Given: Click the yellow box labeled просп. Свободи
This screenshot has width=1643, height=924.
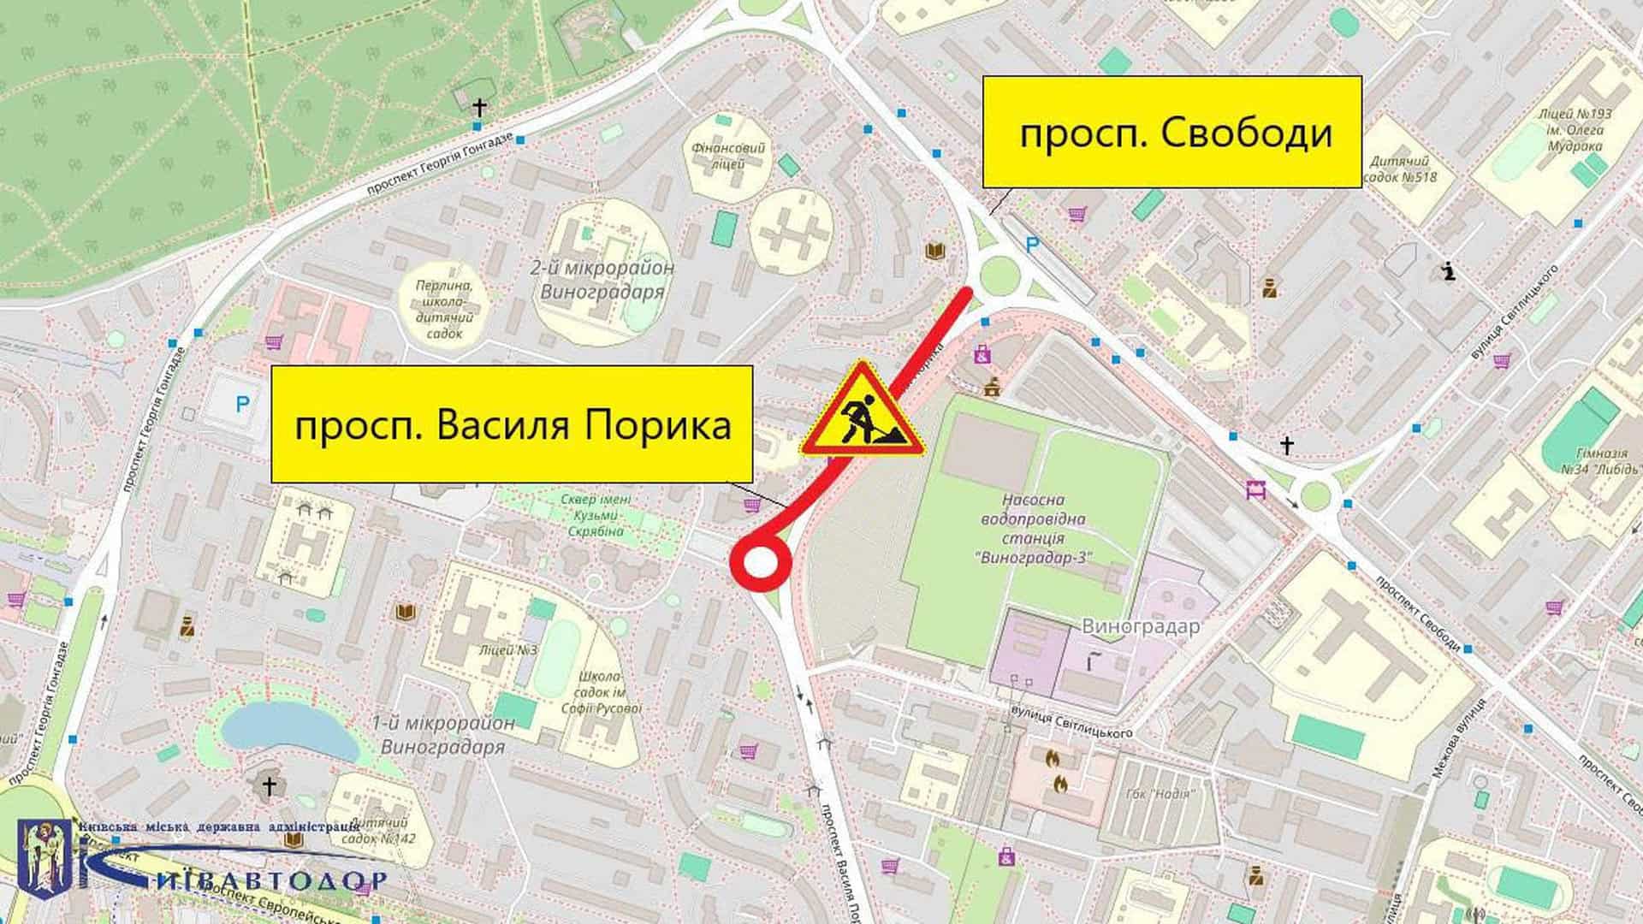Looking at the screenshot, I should pyautogui.click(x=1171, y=132).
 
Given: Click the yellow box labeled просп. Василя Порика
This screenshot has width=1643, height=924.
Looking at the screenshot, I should pyautogui.click(x=512, y=424).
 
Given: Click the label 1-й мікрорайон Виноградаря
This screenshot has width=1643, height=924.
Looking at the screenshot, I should pyautogui.click(x=443, y=735).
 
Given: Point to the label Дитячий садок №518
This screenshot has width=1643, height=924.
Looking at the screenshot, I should pyautogui.click(x=1403, y=169).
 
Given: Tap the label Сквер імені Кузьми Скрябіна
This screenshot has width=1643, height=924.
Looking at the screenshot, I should pyautogui.click(x=596, y=516).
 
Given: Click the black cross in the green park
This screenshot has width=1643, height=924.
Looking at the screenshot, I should pyautogui.click(x=479, y=108).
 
